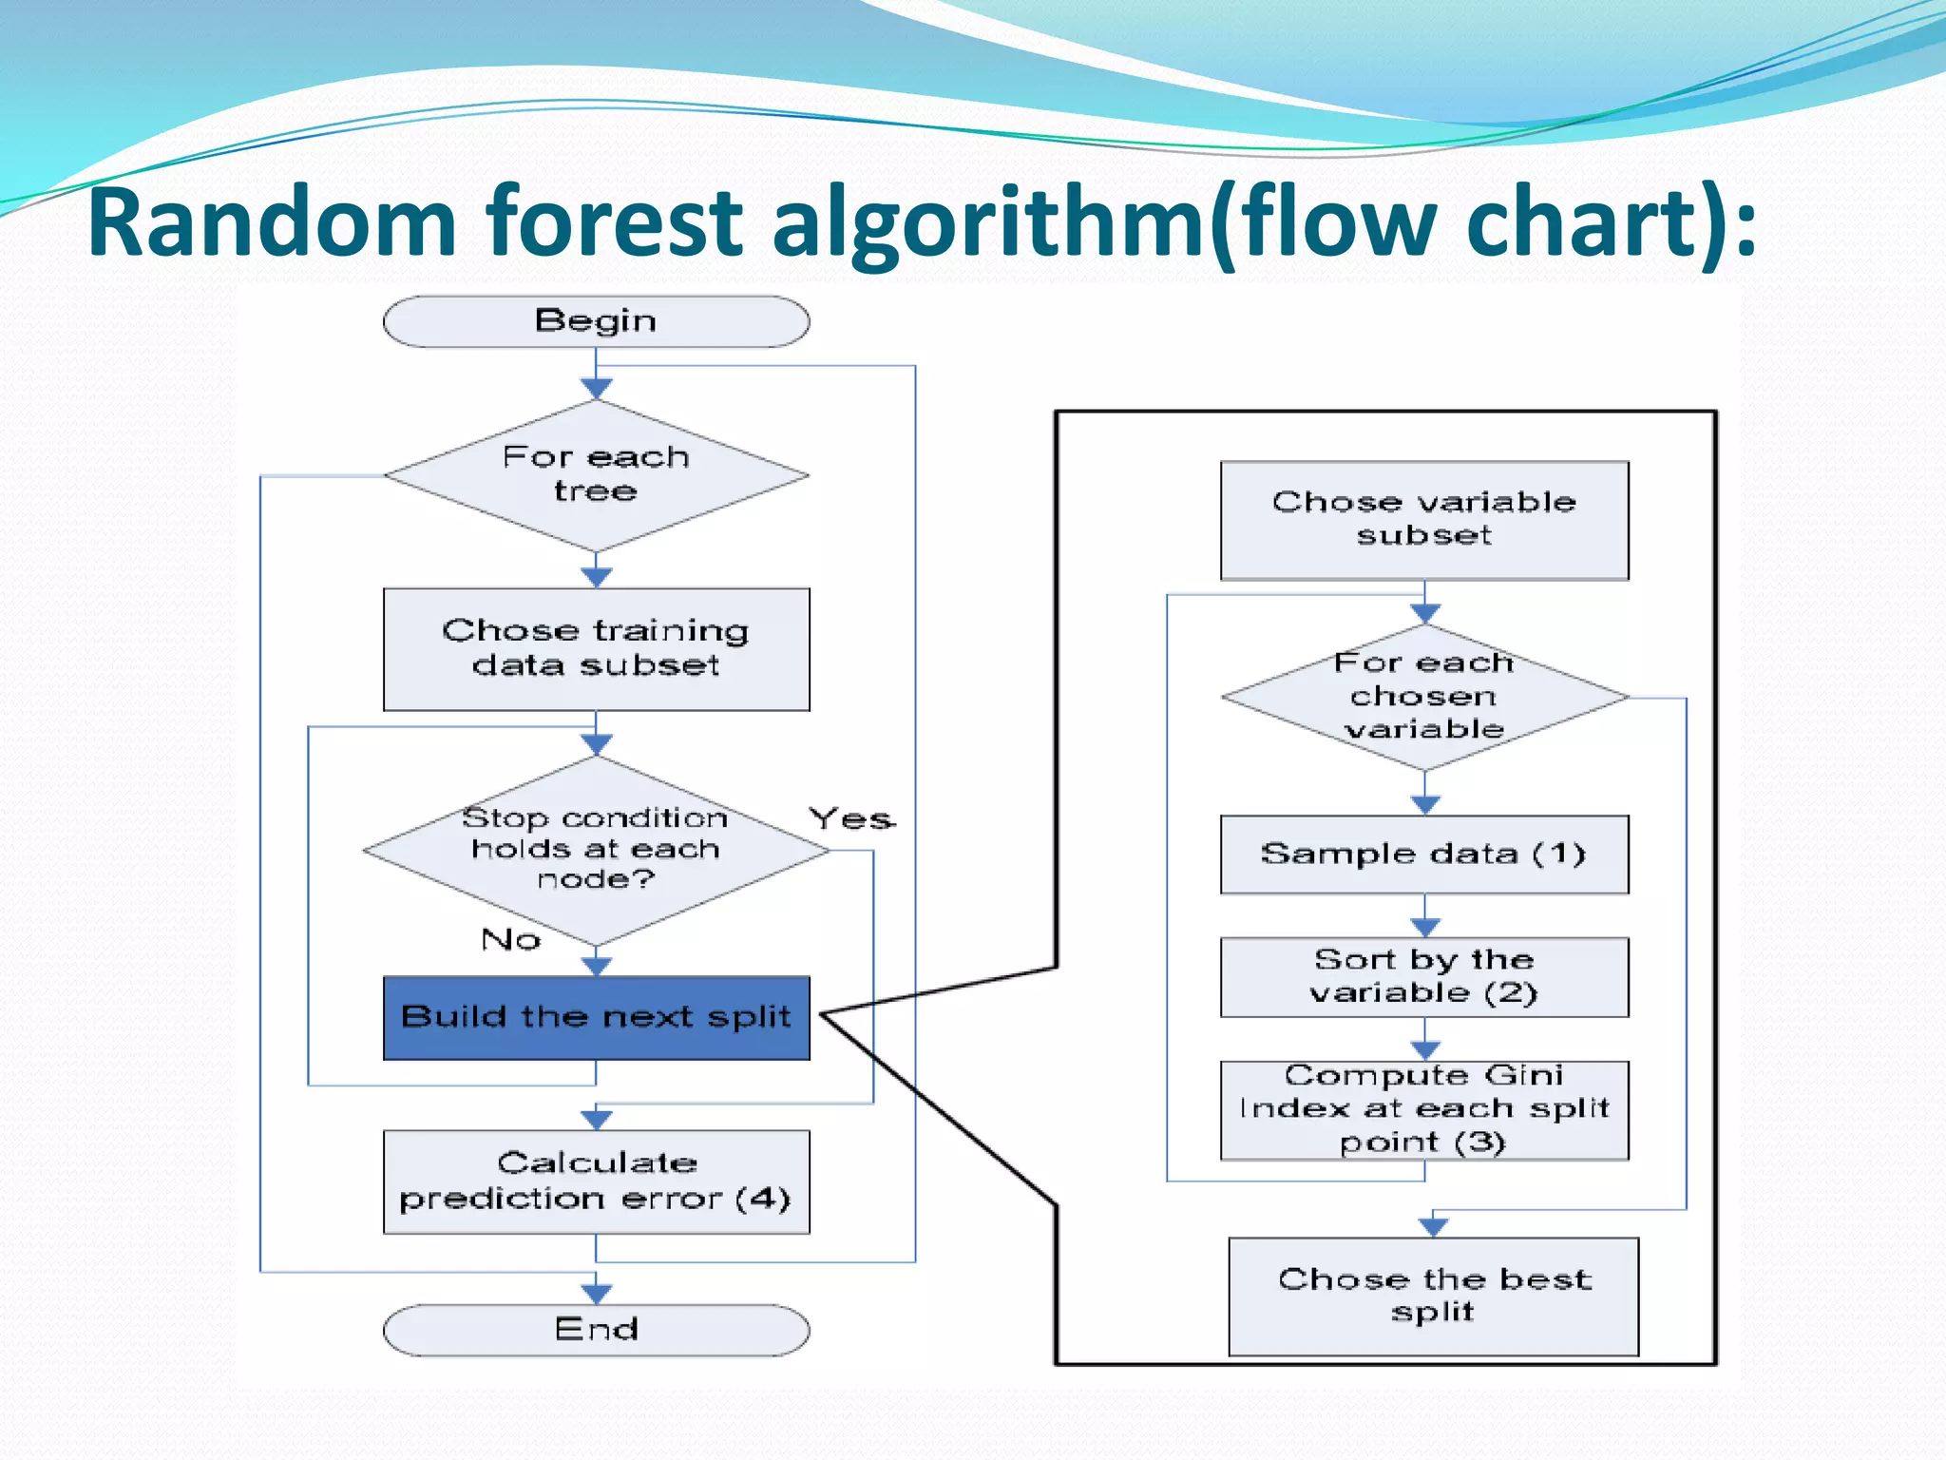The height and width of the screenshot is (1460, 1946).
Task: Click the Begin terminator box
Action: (x=596, y=321)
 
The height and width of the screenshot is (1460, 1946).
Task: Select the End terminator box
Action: (x=596, y=1329)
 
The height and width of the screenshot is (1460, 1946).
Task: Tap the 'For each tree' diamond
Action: (x=596, y=474)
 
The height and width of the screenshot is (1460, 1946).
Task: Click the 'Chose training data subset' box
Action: (x=596, y=649)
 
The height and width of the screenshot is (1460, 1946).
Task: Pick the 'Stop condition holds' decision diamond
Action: (x=596, y=849)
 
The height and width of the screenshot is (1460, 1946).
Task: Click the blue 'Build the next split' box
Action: (x=596, y=1017)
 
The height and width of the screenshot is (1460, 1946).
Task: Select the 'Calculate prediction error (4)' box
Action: (x=596, y=1181)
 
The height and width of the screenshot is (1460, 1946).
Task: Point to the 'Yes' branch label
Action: (x=851, y=818)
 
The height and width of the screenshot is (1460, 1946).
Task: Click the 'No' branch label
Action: (x=510, y=940)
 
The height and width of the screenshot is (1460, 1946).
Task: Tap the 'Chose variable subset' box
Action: (x=1423, y=520)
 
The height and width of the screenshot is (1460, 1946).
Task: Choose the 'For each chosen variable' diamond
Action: (x=1423, y=697)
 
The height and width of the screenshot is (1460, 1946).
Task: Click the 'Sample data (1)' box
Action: (x=1423, y=854)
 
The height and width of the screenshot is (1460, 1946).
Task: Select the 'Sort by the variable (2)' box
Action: (x=1423, y=977)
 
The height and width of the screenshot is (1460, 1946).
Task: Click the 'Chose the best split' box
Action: (x=1433, y=1296)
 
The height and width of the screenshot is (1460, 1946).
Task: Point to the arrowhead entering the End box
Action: (x=596, y=1294)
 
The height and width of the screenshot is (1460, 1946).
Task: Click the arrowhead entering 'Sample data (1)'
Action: (x=1424, y=805)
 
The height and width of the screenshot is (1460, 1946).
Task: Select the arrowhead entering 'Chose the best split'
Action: (x=1433, y=1227)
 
